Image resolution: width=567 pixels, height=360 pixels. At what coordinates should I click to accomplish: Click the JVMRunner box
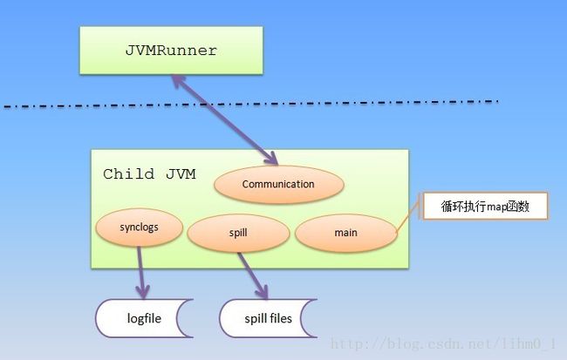pyautogui.click(x=171, y=51)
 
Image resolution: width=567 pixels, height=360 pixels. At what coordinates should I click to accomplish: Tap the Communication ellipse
pyautogui.click(x=279, y=184)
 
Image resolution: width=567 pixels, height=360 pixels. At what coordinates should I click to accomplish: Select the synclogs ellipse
pyautogui.click(x=140, y=228)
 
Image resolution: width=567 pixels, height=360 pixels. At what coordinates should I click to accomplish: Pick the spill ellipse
pyautogui.click(x=238, y=233)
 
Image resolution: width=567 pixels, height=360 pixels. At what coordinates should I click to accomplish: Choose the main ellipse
pyautogui.click(x=346, y=233)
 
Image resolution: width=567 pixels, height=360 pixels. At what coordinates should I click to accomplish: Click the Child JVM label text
pyautogui.click(x=149, y=174)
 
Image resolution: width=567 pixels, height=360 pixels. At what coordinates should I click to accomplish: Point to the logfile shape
pyautogui.click(x=144, y=318)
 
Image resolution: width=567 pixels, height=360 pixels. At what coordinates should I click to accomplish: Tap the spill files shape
pyautogui.click(x=269, y=318)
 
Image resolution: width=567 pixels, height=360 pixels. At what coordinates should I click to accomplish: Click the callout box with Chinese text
pyautogui.click(x=485, y=206)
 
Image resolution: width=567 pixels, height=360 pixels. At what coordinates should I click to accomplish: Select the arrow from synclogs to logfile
pyautogui.click(x=141, y=273)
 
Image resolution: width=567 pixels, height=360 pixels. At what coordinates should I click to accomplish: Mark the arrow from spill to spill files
pyautogui.click(x=253, y=275)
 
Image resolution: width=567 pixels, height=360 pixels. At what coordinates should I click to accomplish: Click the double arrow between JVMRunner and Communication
pyautogui.click(x=224, y=120)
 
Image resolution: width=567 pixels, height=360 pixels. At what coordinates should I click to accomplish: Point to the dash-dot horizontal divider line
pyautogui.click(x=251, y=104)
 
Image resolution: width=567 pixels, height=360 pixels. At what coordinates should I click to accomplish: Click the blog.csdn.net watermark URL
pyautogui.click(x=443, y=343)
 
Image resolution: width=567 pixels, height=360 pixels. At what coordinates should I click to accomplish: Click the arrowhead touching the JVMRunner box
pyautogui.click(x=178, y=81)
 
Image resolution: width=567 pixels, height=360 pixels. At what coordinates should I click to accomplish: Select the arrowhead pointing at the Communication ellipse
pyautogui.click(x=271, y=159)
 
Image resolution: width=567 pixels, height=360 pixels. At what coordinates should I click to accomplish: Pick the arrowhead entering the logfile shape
pyautogui.click(x=143, y=292)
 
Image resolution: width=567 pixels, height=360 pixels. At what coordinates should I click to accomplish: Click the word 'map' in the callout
pyautogui.click(x=496, y=207)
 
